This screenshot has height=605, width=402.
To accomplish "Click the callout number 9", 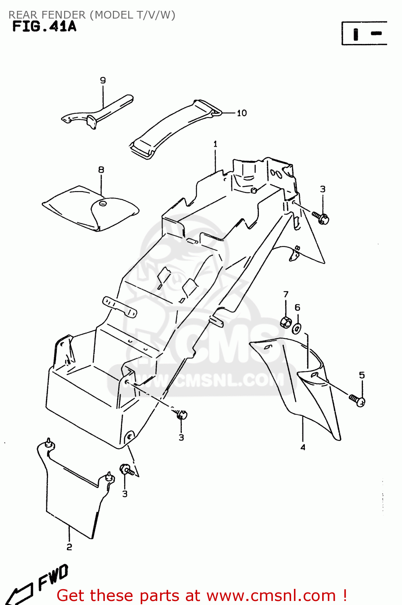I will pos(103,80).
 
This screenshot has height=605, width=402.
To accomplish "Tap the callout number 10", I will pos(242,113).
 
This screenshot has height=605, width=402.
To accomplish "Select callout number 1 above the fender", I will pos(215,144).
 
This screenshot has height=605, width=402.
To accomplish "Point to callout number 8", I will pos(101,170).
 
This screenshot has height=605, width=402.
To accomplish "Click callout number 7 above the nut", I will pos(286,294).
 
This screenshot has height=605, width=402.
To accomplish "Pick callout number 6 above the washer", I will pos(297,307).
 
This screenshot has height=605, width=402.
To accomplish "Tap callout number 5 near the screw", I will pos(362,375).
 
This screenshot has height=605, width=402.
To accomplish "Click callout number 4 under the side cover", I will pos(302,447).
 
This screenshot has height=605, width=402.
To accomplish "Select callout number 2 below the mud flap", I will pos(69,547).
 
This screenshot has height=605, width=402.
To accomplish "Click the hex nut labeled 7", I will pos(286,322).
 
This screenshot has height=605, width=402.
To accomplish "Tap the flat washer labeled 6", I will pos(296,328).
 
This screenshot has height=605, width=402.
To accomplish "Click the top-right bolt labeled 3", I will pos(321,218).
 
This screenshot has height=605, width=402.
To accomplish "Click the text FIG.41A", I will pos(44,27).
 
